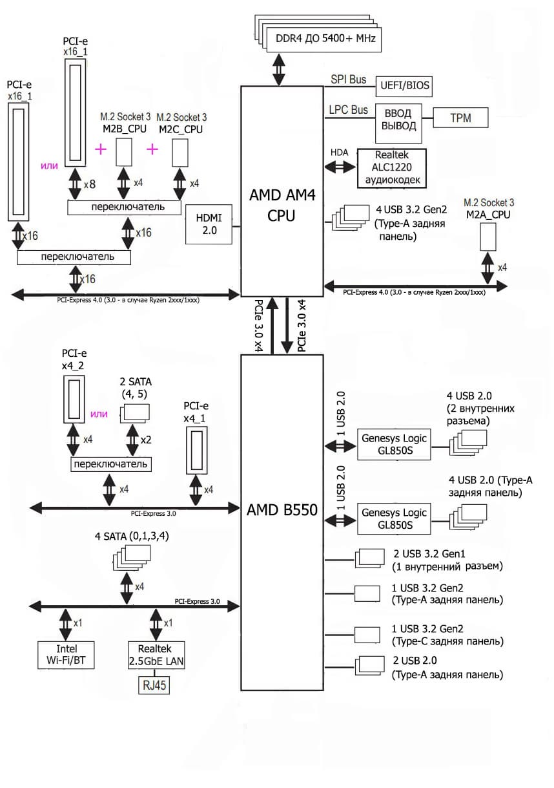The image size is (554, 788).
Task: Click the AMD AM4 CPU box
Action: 281,191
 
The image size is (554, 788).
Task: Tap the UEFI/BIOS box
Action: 405,85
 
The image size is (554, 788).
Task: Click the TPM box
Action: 460,118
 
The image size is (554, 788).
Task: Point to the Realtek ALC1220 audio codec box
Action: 391,168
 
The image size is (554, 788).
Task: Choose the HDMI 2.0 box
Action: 208,225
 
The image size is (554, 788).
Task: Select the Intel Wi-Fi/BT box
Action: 66,655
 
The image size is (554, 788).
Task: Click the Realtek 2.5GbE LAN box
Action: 156,655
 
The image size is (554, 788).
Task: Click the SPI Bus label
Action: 348,80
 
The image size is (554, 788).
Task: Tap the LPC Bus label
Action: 348,110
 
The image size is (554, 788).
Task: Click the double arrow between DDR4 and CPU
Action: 279,69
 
